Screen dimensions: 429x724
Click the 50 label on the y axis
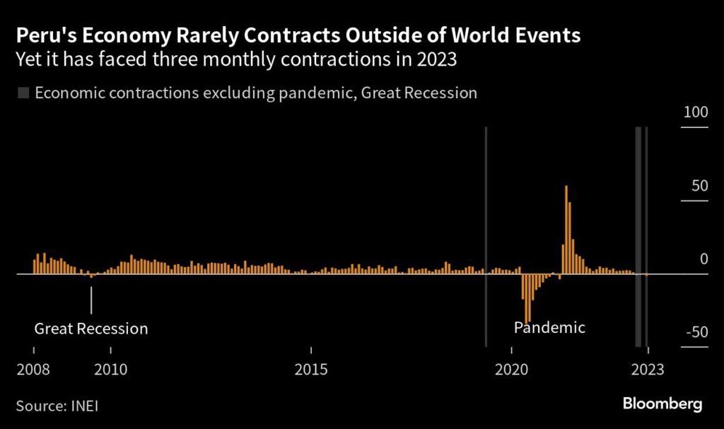pos(699,187)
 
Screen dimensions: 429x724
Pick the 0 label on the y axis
pos(703,259)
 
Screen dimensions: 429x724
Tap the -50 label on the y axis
pos(696,333)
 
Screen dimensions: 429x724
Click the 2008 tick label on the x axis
pos(35,370)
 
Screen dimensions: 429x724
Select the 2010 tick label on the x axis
pos(110,370)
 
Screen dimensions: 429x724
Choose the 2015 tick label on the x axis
pos(311,370)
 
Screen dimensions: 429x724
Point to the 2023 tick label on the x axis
pos(648,370)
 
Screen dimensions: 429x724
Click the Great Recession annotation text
pos(91,329)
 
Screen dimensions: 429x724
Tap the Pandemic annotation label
pos(549,327)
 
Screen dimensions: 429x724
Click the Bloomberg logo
pos(662,404)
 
